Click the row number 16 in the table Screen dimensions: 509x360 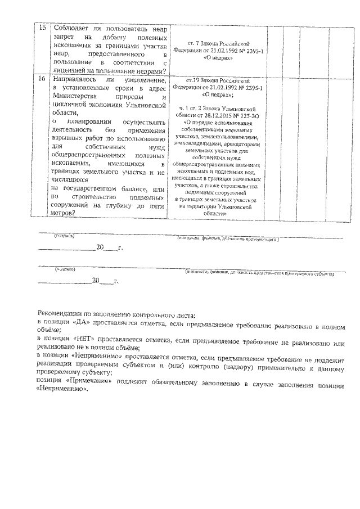pos(42,80)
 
